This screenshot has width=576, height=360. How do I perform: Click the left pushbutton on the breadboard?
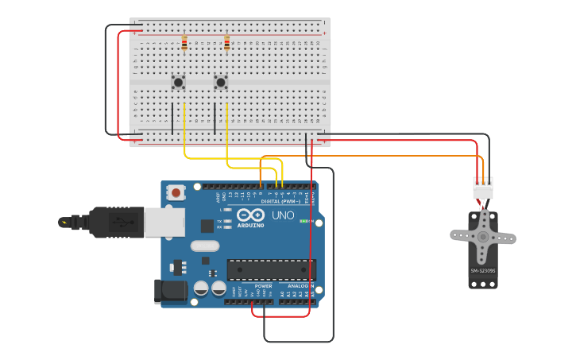(179, 82)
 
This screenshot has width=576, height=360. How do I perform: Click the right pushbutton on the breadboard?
(221, 82)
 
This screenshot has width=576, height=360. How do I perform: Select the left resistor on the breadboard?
(184, 43)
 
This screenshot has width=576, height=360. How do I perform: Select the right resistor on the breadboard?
(226, 43)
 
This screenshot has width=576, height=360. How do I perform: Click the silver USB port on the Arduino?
(164, 222)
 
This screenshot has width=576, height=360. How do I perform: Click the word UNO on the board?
(282, 215)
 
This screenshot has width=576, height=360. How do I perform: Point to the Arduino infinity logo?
(250, 215)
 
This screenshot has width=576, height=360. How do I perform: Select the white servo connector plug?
(482, 189)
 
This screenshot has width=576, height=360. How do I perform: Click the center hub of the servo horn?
(482, 237)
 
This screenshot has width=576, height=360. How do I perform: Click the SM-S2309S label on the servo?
(482, 271)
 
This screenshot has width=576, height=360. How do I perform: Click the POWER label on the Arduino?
(263, 286)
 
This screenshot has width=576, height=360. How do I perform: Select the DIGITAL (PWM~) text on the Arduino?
(265, 201)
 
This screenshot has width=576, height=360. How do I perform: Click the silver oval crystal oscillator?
(204, 246)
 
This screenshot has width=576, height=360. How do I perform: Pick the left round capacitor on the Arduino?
(202, 288)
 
